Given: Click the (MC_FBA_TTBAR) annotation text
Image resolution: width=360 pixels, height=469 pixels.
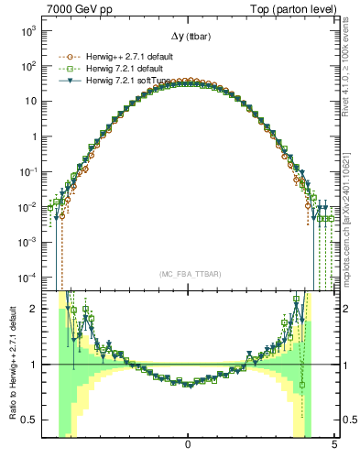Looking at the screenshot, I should tap(188, 274).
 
